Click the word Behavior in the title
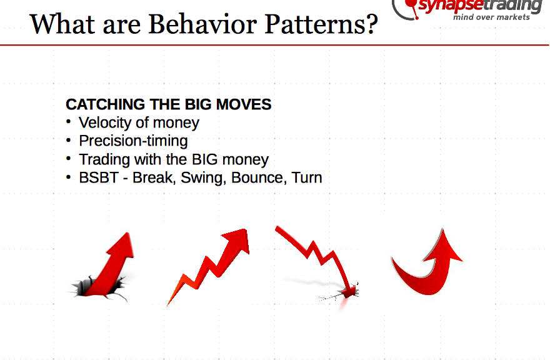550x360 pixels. coord(202,24)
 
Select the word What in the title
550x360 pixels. coord(62,24)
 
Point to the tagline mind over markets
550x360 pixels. coord(491,17)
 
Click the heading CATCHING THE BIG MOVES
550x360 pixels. coord(168,104)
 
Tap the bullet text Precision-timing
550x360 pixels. coord(133,141)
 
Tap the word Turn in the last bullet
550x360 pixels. coord(307,177)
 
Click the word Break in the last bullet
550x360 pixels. coord(153,177)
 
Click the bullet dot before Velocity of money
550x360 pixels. coord(68,122)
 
